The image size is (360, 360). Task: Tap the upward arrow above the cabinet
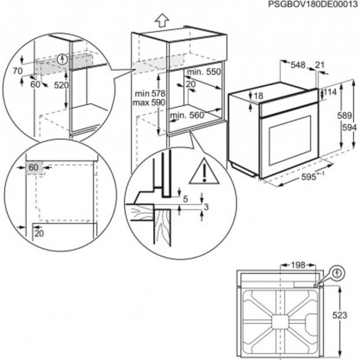pos(162,20)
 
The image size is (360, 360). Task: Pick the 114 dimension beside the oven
pos(330,92)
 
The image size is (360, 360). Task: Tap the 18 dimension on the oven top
pos(258,96)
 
